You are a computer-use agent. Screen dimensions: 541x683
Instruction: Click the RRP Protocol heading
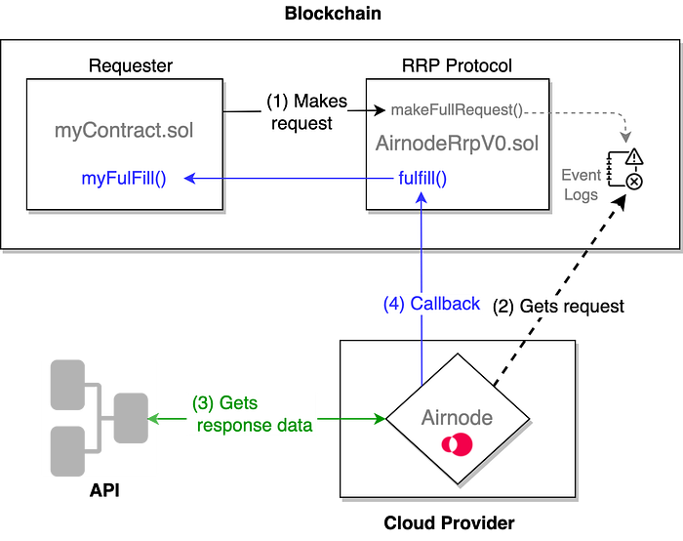tap(457, 66)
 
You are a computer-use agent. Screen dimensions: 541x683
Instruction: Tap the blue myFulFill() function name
tap(123, 178)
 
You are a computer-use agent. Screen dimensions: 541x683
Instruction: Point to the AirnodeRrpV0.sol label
tap(457, 144)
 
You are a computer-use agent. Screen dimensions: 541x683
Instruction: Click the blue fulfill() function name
tap(422, 178)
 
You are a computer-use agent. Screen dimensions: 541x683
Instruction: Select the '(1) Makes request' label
tap(301, 112)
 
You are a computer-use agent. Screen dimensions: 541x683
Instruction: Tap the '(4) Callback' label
tap(431, 303)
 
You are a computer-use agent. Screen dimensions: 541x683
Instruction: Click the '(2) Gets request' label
tap(558, 306)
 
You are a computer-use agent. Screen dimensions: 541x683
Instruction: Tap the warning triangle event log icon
tap(633, 156)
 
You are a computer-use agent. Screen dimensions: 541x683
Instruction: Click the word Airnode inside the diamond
tap(458, 417)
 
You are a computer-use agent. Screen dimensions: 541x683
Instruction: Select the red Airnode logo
tap(456, 444)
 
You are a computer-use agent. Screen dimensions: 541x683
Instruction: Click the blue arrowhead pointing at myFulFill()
tap(192, 178)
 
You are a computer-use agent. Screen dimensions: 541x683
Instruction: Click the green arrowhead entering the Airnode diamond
tap(380, 419)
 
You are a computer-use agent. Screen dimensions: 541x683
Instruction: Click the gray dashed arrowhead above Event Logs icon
tap(626, 134)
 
